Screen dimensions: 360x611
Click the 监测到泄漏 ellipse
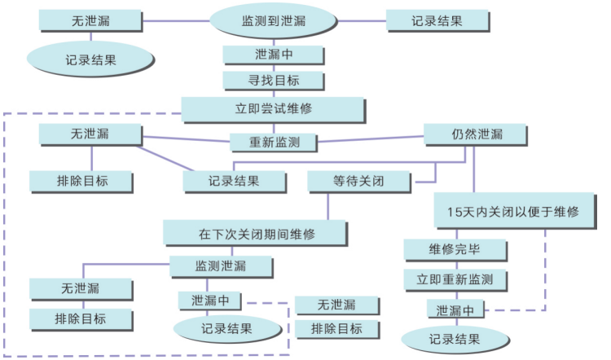pos(275,20)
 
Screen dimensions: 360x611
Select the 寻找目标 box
pos(275,81)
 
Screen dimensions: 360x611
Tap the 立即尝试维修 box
pos(273,108)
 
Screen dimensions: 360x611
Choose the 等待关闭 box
pos(358,182)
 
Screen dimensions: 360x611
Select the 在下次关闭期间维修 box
pos(256,233)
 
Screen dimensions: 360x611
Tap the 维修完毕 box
pos(455,249)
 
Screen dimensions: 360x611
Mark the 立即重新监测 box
pos(455,279)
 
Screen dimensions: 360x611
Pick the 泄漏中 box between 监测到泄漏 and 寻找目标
pos(275,55)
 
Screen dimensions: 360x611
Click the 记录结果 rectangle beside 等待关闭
pos(234,182)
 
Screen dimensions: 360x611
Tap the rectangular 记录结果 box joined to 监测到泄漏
pos(437,20)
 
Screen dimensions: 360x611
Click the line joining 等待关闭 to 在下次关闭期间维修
pos(328,206)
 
